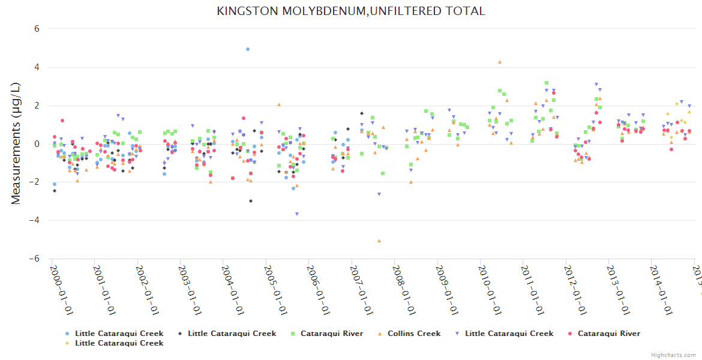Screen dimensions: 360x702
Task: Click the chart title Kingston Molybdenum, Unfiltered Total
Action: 351,11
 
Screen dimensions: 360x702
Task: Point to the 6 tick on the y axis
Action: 37,29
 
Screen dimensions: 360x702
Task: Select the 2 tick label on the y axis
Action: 37,106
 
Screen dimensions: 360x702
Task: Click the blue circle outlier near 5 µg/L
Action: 248,49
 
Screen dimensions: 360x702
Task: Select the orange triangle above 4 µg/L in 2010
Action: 499,62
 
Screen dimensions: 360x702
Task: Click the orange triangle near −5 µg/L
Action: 379,241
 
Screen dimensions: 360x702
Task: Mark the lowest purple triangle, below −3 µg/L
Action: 296,214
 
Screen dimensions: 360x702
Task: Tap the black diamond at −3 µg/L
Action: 251,201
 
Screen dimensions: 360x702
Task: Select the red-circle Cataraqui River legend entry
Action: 608,334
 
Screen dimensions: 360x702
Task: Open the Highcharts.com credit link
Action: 673,355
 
